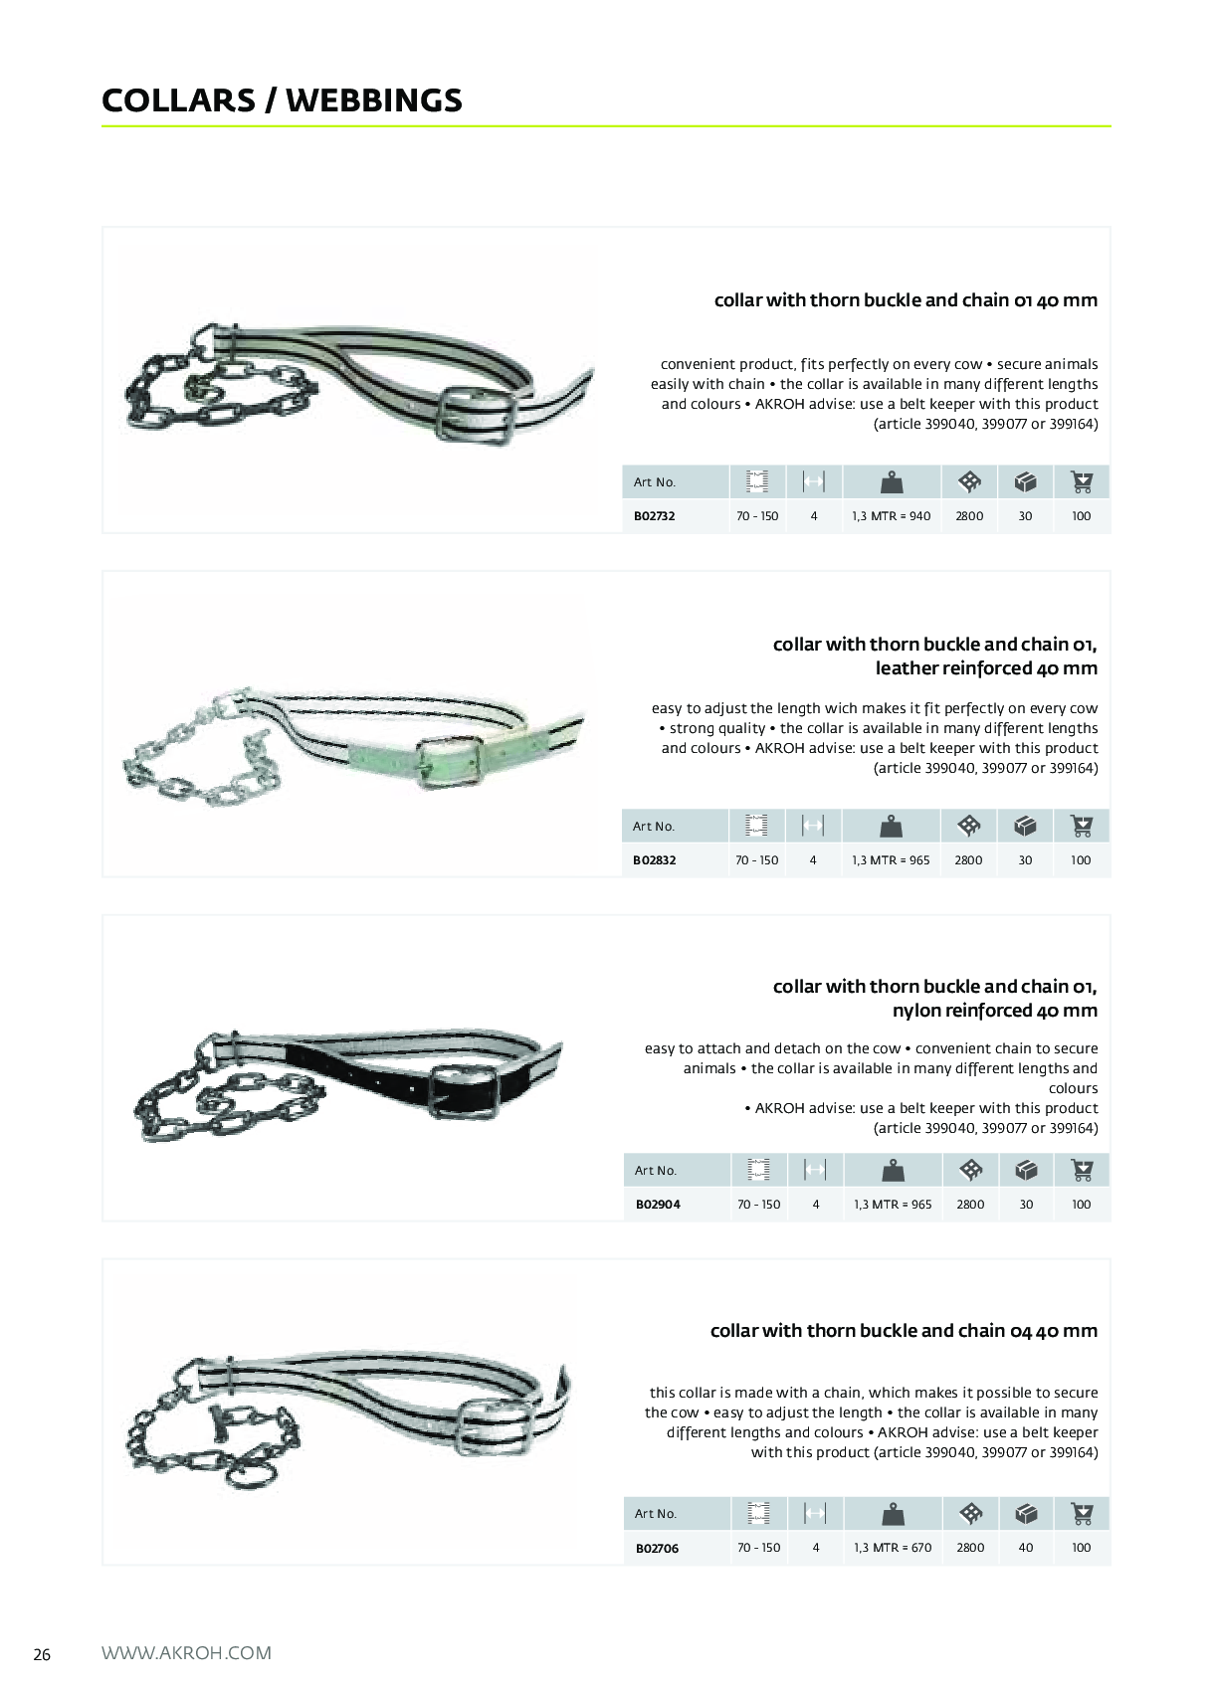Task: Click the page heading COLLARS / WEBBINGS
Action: click(282, 99)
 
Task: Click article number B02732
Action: click(654, 516)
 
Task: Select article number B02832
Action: click(654, 859)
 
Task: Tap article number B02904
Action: click(657, 1204)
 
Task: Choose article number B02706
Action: click(656, 1548)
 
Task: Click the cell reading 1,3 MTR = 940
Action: click(891, 516)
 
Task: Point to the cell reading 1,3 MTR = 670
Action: click(893, 1547)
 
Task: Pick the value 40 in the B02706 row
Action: click(1026, 1547)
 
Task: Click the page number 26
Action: click(42, 1654)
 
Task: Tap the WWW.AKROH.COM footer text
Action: click(186, 1653)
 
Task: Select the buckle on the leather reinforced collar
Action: click(451, 762)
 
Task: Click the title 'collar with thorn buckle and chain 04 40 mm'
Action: click(904, 1330)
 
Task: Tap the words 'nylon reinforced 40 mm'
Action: click(995, 1010)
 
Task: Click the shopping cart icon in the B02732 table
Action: click(1082, 481)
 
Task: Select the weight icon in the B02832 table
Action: click(891, 826)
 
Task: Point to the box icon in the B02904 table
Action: click(1026, 1170)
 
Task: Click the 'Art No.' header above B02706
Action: click(655, 1513)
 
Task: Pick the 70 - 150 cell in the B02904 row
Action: click(759, 1204)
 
